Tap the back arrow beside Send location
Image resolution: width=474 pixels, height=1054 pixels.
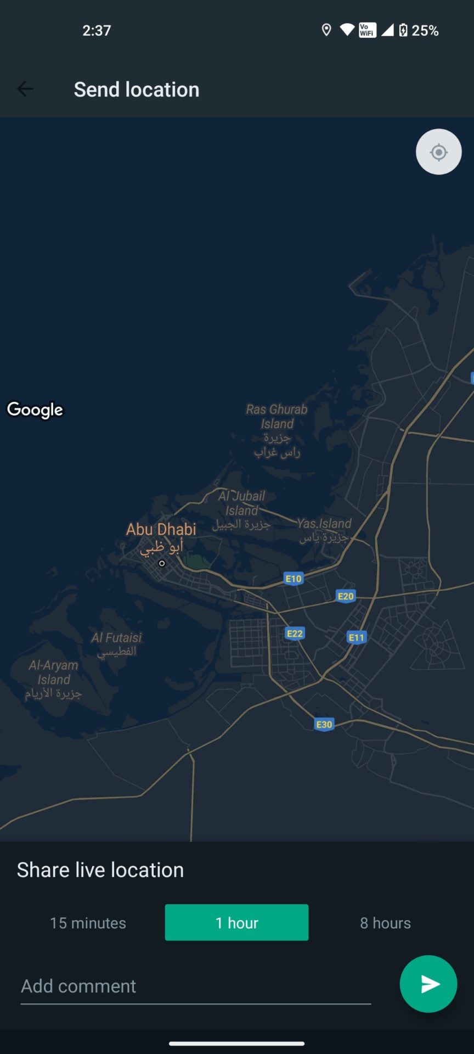[25, 89]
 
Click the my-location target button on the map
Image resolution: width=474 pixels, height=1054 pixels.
[438, 152]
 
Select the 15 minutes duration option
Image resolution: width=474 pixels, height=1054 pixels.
[88, 923]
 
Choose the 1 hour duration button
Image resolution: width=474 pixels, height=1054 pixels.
[236, 923]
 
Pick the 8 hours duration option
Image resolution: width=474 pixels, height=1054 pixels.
[385, 923]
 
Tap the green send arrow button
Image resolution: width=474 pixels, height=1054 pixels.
[428, 984]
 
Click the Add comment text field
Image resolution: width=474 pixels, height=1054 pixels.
[195, 986]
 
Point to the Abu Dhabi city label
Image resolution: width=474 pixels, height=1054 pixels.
[161, 530]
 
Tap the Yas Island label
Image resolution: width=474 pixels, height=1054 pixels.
[324, 524]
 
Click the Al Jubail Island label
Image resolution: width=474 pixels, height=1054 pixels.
[241, 503]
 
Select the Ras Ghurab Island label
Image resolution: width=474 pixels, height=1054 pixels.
[276, 417]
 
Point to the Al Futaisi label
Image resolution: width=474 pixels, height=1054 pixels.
[116, 638]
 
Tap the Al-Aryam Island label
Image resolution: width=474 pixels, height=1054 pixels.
[54, 672]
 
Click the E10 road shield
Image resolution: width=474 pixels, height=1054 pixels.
[294, 579]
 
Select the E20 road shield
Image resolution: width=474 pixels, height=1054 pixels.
[345, 596]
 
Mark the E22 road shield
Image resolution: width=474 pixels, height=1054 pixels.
[295, 633]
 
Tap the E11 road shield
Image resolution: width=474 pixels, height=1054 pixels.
[356, 637]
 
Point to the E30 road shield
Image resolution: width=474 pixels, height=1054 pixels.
[324, 725]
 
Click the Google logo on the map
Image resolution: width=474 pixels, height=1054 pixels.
[35, 410]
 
